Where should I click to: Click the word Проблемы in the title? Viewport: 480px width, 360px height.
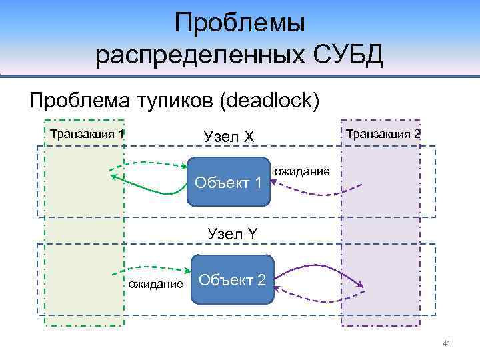coord(239,24)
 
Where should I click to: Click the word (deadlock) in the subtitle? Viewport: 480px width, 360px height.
coord(273,101)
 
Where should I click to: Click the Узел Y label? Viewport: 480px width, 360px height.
coord(233,234)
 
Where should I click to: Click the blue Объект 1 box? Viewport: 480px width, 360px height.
coord(229,181)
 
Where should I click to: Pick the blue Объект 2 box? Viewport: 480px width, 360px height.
coord(233,279)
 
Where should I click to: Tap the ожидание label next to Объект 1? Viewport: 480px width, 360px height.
coord(302,171)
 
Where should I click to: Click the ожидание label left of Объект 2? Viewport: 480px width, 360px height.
coord(155,285)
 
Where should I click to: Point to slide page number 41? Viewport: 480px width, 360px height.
coord(447,343)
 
